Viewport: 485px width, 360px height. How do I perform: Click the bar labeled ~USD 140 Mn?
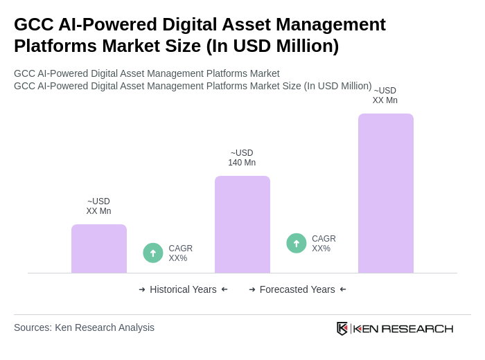(x=242, y=224)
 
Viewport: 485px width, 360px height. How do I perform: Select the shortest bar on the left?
(x=98, y=249)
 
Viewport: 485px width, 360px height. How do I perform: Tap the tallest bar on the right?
(x=385, y=193)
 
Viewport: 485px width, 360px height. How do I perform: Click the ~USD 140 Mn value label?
(x=242, y=158)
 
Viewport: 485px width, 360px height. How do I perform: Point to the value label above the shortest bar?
(x=98, y=206)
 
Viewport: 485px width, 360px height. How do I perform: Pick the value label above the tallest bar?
(x=385, y=96)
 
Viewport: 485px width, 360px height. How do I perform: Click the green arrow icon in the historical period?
(x=153, y=253)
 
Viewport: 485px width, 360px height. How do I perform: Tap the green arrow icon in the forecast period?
(x=297, y=244)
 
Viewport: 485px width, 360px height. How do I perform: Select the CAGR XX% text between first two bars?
(x=180, y=253)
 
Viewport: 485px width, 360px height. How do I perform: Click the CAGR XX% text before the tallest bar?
(x=324, y=244)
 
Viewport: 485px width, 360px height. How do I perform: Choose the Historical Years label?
(x=183, y=289)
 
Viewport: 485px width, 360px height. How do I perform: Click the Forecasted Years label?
(x=297, y=289)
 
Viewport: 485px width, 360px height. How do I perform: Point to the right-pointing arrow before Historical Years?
(x=142, y=289)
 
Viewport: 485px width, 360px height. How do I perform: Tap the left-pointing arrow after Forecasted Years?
(x=343, y=289)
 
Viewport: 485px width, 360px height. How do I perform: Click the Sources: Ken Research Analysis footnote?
(x=84, y=327)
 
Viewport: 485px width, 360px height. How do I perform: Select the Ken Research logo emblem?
(x=342, y=328)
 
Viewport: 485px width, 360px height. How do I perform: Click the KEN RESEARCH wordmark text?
(x=403, y=329)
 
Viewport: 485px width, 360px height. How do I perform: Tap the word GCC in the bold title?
(x=33, y=24)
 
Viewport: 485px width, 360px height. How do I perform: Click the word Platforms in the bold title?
(x=53, y=46)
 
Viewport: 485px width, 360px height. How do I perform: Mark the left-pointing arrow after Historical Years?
(x=224, y=289)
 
